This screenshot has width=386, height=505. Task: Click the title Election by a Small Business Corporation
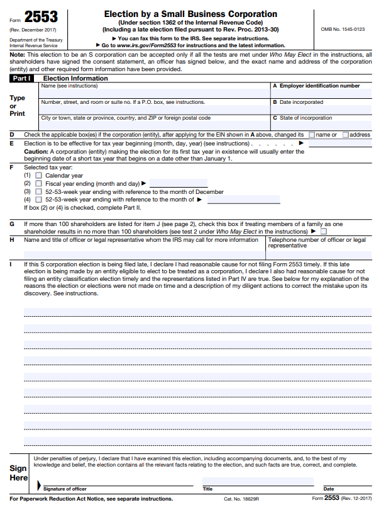[x=190, y=14]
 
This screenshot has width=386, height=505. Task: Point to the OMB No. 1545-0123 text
[x=343, y=29]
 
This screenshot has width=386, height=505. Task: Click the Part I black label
[x=23, y=78]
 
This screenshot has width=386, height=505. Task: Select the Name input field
[x=154, y=93]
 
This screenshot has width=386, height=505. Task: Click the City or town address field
[x=154, y=125]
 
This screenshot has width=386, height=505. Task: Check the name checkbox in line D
[x=312, y=135]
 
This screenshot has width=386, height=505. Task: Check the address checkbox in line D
[x=346, y=135]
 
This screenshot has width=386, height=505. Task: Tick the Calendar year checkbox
[x=38, y=176]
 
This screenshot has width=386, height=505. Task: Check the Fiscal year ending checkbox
[x=38, y=183]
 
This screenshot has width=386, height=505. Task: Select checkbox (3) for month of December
[x=38, y=191]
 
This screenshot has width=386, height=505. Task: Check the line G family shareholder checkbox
[x=324, y=231]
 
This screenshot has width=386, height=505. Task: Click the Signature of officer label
[x=65, y=489]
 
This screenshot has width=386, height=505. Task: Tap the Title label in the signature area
[x=207, y=489]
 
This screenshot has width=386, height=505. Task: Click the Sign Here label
[x=18, y=473]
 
